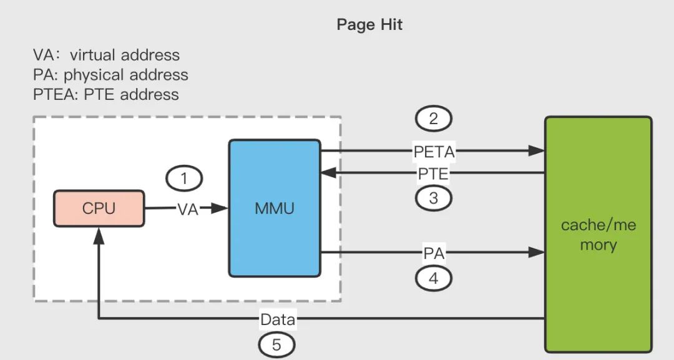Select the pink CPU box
coord(99,208)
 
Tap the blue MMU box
coord(275,208)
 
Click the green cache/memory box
coord(598,235)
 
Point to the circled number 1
coord(184,179)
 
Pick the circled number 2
coord(433,119)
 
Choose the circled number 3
coord(433,198)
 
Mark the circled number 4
coord(433,278)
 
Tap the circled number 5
coord(277,344)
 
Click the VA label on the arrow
coord(188,210)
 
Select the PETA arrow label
coord(434,150)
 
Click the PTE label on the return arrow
coord(434,173)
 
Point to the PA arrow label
coord(434,253)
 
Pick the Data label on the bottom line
coord(278,320)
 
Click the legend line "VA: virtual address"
coord(106,55)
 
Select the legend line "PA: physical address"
coord(110,75)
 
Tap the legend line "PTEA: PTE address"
coord(105,95)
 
